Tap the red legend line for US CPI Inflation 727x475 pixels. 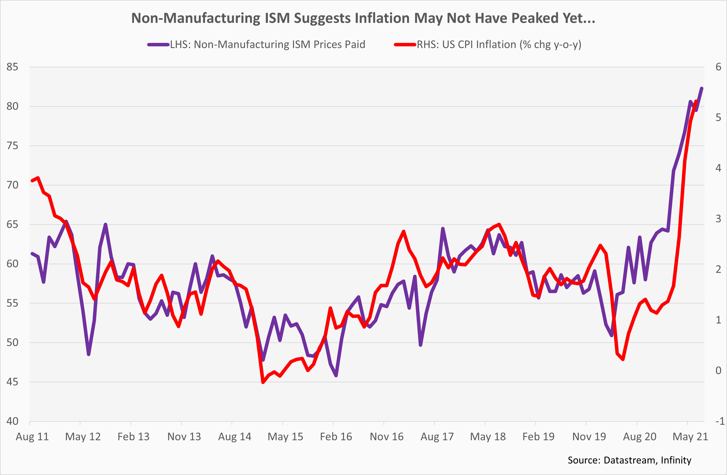click(x=405, y=45)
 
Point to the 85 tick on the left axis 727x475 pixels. click(x=12, y=67)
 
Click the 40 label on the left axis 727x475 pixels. click(x=12, y=421)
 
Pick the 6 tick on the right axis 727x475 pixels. click(x=719, y=67)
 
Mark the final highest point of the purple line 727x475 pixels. click(x=702, y=88)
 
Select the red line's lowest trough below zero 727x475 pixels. click(x=263, y=382)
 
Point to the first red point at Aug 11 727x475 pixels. click(x=32, y=180)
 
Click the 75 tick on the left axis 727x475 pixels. click(x=12, y=146)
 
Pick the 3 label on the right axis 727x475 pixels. click(x=719, y=219)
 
